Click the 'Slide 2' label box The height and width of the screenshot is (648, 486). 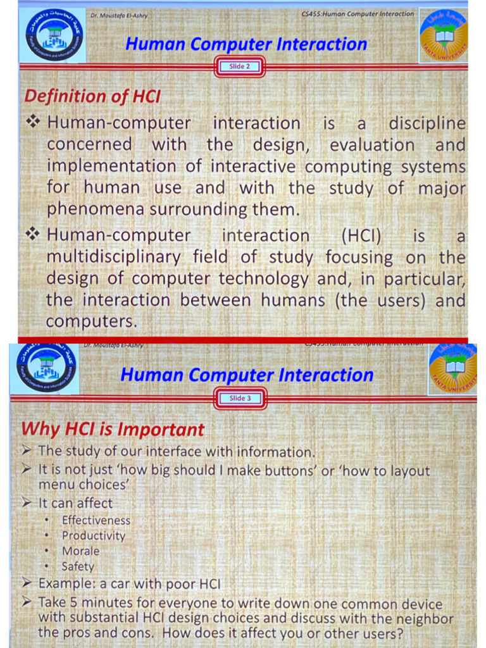click(239, 66)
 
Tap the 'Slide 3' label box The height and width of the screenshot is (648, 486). click(240, 399)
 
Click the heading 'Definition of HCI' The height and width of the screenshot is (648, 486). click(92, 97)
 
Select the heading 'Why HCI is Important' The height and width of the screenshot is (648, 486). click(113, 429)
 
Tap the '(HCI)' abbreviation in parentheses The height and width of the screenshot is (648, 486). click(361, 236)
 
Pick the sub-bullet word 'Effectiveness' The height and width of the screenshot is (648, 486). click(96, 520)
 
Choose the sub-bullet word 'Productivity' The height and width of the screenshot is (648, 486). click(93, 535)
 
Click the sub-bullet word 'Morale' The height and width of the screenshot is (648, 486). click(80, 551)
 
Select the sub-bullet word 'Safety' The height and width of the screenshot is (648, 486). click(78, 567)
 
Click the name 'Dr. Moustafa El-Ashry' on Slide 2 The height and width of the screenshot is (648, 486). click(119, 15)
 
